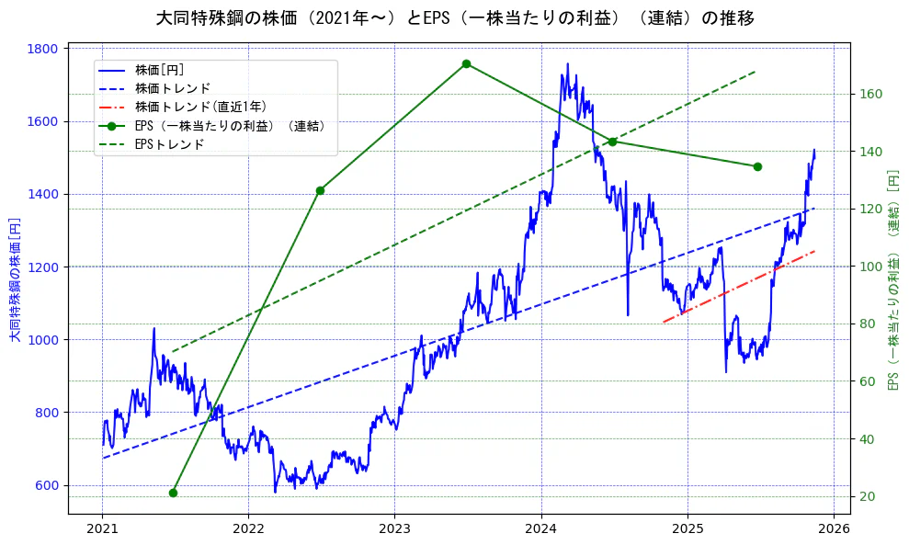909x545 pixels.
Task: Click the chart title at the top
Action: pos(455,18)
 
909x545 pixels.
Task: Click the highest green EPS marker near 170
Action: pos(466,63)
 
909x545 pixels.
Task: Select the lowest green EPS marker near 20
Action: pos(173,493)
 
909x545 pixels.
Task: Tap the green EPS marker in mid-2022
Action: pos(320,190)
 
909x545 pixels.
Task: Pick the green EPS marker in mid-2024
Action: pos(612,141)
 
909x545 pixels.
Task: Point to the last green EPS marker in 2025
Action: pos(757,166)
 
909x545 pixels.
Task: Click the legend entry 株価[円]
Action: pos(159,70)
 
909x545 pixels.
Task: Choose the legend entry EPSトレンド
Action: pos(169,144)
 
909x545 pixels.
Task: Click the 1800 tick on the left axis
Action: pos(44,49)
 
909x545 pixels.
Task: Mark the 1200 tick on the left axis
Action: pos(44,267)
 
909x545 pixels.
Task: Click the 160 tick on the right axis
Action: pos(870,94)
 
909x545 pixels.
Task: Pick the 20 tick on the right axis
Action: pos(867,496)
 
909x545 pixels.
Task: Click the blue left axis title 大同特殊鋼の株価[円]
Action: pos(14,279)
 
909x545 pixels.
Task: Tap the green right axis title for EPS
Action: pos(892,279)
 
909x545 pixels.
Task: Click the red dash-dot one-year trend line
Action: pos(739,286)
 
